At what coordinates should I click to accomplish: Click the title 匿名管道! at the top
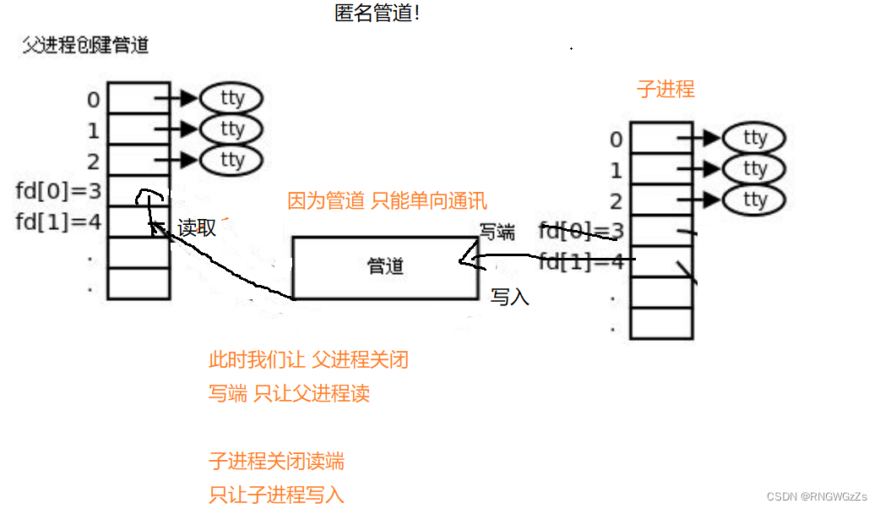click(x=377, y=14)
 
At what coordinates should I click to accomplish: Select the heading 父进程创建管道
click(x=84, y=45)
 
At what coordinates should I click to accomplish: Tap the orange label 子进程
click(x=665, y=89)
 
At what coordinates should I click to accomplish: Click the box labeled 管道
click(x=386, y=267)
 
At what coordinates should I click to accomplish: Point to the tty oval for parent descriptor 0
click(x=231, y=98)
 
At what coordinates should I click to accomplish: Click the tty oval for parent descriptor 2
click(x=231, y=160)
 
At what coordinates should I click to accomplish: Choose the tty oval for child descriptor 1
click(x=754, y=169)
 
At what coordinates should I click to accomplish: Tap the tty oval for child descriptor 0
click(x=754, y=138)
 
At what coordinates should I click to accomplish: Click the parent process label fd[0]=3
click(x=58, y=190)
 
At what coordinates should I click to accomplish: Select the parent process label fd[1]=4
click(x=58, y=222)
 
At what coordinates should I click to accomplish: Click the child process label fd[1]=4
click(x=581, y=261)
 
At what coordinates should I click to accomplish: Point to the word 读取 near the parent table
click(x=197, y=227)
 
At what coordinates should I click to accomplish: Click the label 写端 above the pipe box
click(x=497, y=232)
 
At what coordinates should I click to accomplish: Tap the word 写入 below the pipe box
click(x=510, y=297)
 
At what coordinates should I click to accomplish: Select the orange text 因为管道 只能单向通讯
click(x=388, y=201)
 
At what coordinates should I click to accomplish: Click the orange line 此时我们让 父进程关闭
click(x=308, y=360)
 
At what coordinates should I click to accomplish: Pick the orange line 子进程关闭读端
click(x=276, y=462)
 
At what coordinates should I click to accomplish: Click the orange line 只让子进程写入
click(x=276, y=495)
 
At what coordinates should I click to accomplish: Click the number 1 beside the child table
click(x=616, y=170)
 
